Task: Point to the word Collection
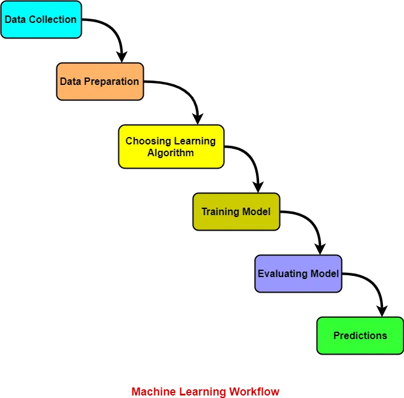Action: click(53, 19)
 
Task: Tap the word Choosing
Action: click(147, 141)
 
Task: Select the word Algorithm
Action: click(170, 153)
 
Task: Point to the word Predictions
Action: click(360, 335)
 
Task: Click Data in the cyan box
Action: click(15, 19)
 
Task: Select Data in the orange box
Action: click(71, 81)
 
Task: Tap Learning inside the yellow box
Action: click(194, 141)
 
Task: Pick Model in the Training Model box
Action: click(257, 211)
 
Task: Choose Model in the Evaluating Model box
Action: click(326, 273)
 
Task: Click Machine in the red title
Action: click(152, 392)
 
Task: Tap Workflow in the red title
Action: click(255, 392)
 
